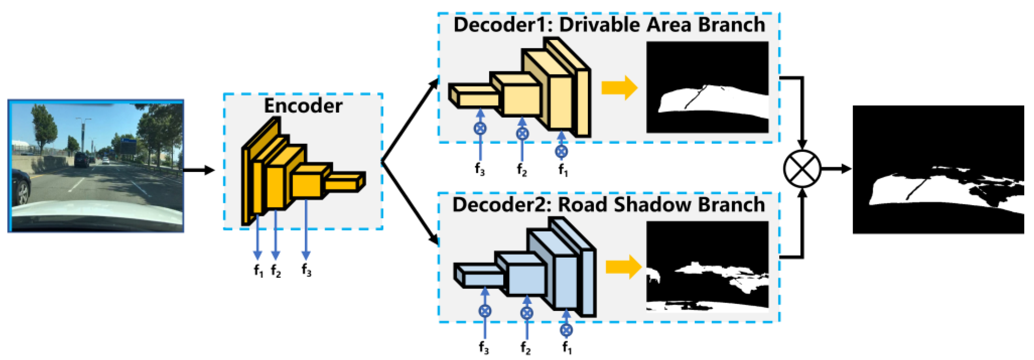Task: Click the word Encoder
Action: [303, 106]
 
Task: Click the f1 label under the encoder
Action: [258, 271]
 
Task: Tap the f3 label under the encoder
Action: [306, 270]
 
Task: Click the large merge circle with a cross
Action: [802, 168]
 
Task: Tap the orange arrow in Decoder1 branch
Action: [619, 88]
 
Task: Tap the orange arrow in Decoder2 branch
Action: [623, 267]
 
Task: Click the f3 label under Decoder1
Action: [480, 169]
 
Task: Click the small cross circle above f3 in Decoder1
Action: [480, 128]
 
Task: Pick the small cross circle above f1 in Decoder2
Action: [566, 330]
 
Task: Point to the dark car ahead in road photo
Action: [82, 160]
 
